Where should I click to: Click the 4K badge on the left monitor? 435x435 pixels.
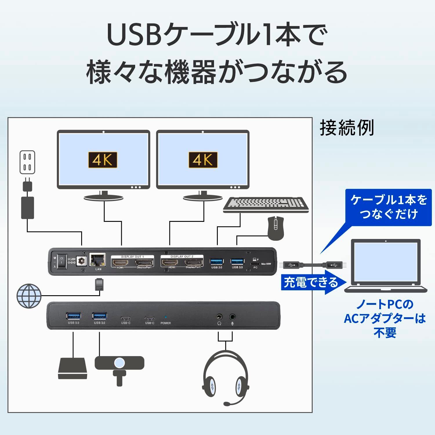(x=103, y=160)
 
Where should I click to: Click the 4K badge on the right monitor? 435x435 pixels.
(x=203, y=160)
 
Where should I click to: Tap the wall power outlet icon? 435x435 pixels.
(x=27, y=162)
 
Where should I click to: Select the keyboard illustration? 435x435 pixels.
(x=266, y=205)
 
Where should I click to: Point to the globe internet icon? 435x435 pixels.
(x=29, y=296)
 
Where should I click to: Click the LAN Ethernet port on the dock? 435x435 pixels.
(x=98, y=260)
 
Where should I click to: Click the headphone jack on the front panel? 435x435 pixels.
(x=219, y=317)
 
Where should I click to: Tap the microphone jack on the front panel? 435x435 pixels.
(x=232, y=317)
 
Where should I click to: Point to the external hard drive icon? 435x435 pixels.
(x=72, y=369)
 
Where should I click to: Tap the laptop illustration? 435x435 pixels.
(x=386, y=265)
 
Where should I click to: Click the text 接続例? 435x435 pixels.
(x=347, y=128)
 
